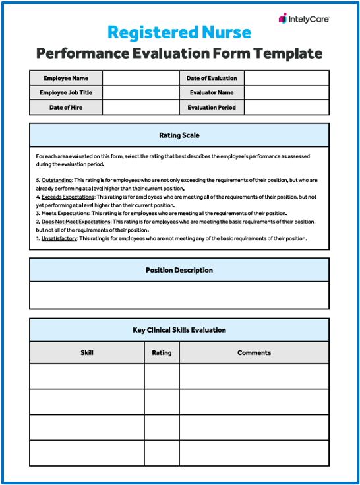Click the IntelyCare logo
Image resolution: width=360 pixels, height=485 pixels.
tap(304, 19)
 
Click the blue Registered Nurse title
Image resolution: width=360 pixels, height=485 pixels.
tap(179, 32)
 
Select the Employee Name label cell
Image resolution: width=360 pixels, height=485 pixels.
tap(66, 78)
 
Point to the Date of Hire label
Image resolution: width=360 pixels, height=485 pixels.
tap(66, 108)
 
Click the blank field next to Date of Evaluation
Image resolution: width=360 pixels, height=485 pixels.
tap(286, 78)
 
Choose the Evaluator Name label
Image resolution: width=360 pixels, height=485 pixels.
tap(212, 93)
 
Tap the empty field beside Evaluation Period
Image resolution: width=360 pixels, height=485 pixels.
tap(286, 108)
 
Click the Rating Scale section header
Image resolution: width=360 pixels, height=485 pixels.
tap(179, 135)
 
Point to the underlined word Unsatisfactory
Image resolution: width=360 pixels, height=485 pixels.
tap(59, 238)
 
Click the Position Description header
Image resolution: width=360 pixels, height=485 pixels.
tap(179, 270)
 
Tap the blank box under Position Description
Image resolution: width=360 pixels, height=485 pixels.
tap(179, 296)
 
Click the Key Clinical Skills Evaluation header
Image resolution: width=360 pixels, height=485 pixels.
tap(179, 330)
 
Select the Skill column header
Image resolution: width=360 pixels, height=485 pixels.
tap(87, 352)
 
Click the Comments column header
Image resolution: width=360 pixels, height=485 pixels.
tap(254, 352)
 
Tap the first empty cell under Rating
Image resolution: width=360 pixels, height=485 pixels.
tap(162, 376)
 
